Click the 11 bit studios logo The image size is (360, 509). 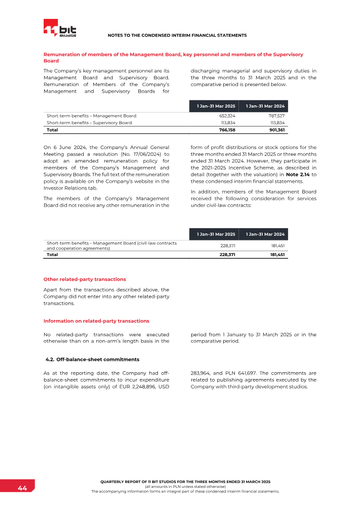pos(60,28)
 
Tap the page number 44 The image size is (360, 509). pos(22,488)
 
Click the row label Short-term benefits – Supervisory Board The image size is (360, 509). pos(90,122)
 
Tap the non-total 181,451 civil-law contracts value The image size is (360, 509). pos(277,246)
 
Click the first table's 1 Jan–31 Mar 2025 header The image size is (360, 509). pos(216,106)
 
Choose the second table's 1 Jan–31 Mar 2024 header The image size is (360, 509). pos(265,234)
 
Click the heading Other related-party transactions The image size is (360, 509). pos(85,279)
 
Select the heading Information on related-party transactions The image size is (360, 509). pos(96,321)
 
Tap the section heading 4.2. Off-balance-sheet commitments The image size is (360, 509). pos(92,359)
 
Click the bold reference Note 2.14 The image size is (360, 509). pos(298,175)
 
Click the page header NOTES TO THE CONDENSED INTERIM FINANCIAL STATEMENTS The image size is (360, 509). pos(177,35)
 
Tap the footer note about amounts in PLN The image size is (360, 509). pos(185,486)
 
